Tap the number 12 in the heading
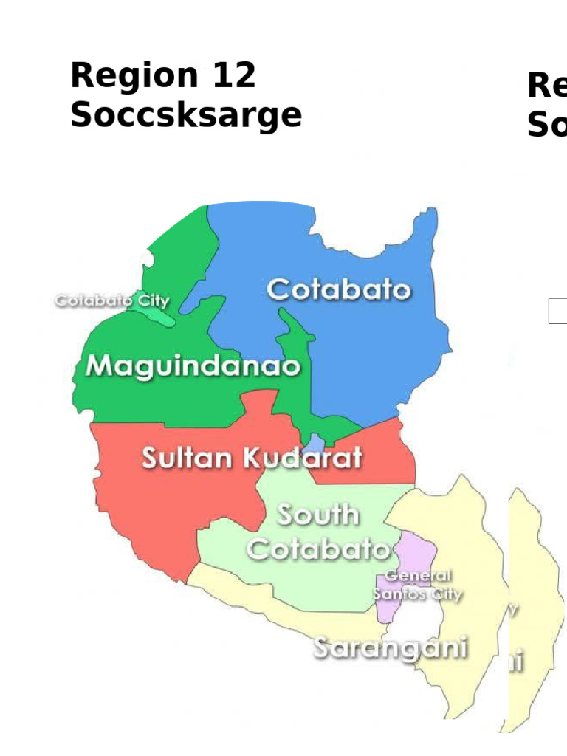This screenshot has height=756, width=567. (233, 76)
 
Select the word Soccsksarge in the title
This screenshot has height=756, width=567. (185, 116)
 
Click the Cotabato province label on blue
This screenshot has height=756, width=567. (338, 289)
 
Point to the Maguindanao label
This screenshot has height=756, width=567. (193, 367)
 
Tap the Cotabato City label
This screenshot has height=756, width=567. (111, 301)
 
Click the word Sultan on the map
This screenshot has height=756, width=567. (188, 458)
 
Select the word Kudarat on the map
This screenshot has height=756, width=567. (303, 458)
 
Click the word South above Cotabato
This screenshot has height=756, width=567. (317, 515)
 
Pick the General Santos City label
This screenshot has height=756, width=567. (418, 585)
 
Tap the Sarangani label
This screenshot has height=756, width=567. (391, 647)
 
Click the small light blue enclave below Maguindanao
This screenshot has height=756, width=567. (315, 444)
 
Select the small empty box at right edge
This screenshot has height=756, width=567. (557, 311)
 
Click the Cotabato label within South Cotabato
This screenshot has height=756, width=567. (317, 549)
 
